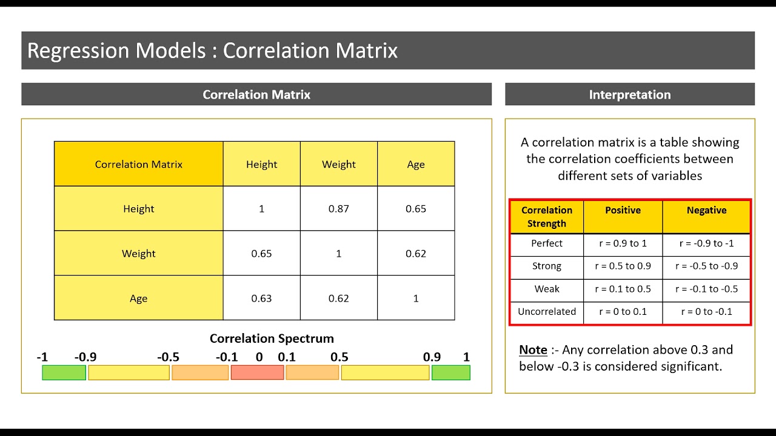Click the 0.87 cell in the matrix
pyautogui.click(x=338, y=209)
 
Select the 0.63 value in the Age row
pyautogui.click(x=261, y=299)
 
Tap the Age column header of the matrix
pyautogui.click(x=416, y=164)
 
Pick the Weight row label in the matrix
pyautogui.click(x=139, y=254)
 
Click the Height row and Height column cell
pyautogui.click(x=261, y=209)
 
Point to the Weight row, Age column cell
pyautogui.click(x=416, y=254)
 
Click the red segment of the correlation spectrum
pyautogui.click(x=257, y=373)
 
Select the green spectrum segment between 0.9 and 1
pyautogui.click(x=450, y=373)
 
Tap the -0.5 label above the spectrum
pyautogui.click(x=168, y=357)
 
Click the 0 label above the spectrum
pyautogui.click(x=259, y=357)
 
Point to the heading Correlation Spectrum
pyautogui.click(x=272, y=339)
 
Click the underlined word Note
pyautogui.click(x=533, y=350)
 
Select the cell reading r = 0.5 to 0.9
pyautogui.click(x=623, y=266)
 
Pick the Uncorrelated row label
pyautogui.click(x=546, y=312)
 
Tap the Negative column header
pyautogui.click(x=706, y=210)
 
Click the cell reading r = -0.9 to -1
pyautogui.click(x=706, y=243)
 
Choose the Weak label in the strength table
pyautogui.click(x=546, y=289)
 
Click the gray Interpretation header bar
pyautogui.click(x=629, y=94)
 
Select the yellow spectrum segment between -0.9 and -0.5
pyautogui.click(x=129, y=373)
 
